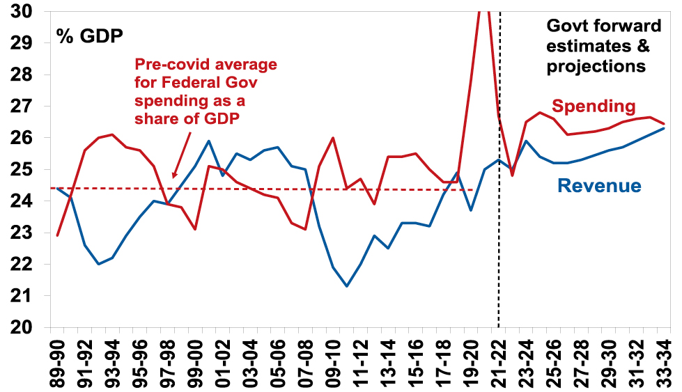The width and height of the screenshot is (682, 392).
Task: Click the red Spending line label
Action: click(594, 107)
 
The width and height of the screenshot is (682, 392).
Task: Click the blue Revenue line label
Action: click(599, 185)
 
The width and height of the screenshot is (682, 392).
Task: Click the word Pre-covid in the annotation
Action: click(170, 65)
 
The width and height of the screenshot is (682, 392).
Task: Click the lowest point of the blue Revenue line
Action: click(347, 286)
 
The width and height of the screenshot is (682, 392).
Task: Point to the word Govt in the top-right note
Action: click(566, 27)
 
